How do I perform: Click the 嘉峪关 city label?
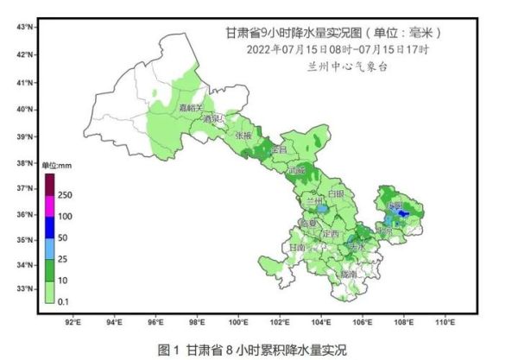coord(189,108)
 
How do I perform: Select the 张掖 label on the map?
coord(243,136)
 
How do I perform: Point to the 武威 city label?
coord(297,170)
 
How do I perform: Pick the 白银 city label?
coord(335,193)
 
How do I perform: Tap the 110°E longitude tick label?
coord(445,322)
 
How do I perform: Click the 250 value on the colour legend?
coord(66,196)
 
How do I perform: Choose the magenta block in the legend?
coord(50,205)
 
